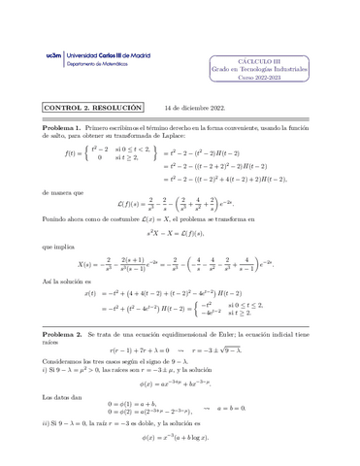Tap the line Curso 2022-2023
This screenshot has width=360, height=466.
pos(265,81)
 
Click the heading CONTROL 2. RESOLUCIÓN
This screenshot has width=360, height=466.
pos(92,108)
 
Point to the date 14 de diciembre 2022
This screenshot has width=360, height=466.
pos(195,108)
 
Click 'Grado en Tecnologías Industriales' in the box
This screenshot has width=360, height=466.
pos(265,70)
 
